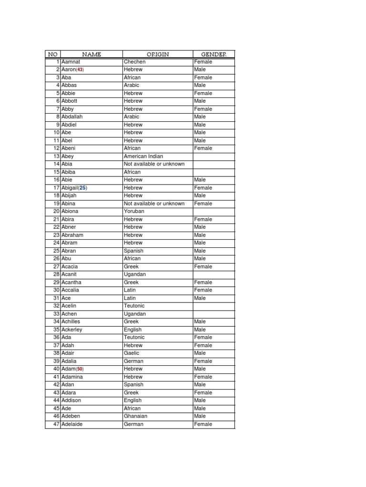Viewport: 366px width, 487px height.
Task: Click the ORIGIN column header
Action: (158, 54)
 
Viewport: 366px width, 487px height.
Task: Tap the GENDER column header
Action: (213, 54)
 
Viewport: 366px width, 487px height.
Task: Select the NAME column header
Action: (91, 54)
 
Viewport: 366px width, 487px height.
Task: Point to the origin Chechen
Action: (134, 62)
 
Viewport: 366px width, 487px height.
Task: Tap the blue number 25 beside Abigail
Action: (83, 188)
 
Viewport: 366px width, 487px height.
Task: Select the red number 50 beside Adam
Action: (80, 369)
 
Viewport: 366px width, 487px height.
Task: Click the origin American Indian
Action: (143, 156)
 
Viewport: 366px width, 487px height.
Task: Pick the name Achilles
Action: (71, 321)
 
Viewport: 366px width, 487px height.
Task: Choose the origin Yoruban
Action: (134, 211)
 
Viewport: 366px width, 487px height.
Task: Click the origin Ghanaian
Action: (135, 416)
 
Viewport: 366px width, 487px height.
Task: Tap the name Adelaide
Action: (72, 424)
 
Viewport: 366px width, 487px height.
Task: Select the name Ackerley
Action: (72, 330)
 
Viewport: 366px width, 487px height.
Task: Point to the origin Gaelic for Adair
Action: (132, 353)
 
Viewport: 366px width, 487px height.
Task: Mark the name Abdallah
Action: (72, 117)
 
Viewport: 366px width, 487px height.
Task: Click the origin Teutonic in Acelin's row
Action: (134, 306)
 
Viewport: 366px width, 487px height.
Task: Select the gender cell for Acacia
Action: (203, 267)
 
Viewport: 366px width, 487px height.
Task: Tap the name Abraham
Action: (72, 235)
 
